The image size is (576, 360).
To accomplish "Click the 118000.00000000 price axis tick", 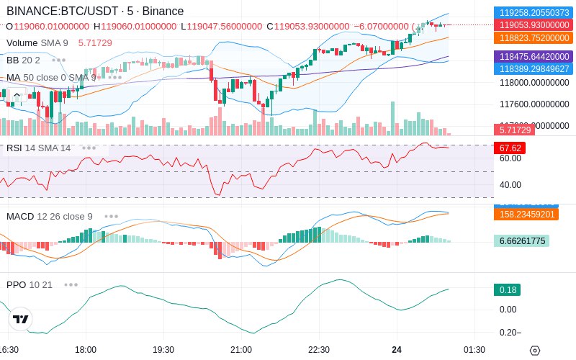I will click(x=534, y=84).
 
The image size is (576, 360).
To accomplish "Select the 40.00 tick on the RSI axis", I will click(x=510, y=184).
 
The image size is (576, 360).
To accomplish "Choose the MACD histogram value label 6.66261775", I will click(x=522, y=241).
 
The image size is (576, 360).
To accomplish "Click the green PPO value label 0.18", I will click(x=507, y=290).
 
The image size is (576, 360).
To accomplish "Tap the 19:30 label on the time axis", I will click(x=163, y=350).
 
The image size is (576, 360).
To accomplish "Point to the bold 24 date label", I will click(x=397, y=350).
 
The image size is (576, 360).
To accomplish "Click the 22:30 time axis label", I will click(x=319, y=350).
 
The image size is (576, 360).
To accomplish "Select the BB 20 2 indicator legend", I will click(x=23, y=60).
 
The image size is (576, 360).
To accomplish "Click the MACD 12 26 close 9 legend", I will click(x=49, y=216).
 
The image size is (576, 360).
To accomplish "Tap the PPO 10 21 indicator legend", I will click(x=30, y=284).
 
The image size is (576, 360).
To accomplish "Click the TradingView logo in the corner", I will click(x=21, y=319).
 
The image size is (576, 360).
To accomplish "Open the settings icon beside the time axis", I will click(x=534, y=351).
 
